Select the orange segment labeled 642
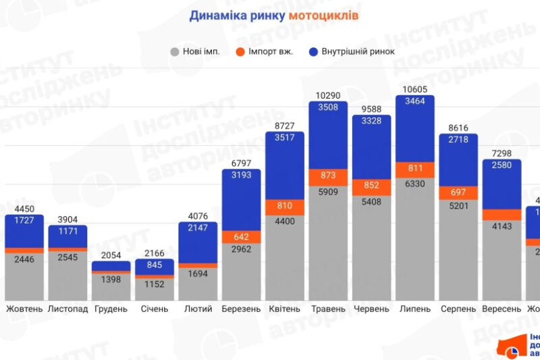(x=242, y=236)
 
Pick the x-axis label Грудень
(x=111, y=309)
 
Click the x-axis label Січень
(x=155, y=309)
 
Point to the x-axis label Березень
(x=242, y=309)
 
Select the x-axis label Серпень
(x=458, y=309)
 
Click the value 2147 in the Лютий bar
(x=198, y=229)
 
